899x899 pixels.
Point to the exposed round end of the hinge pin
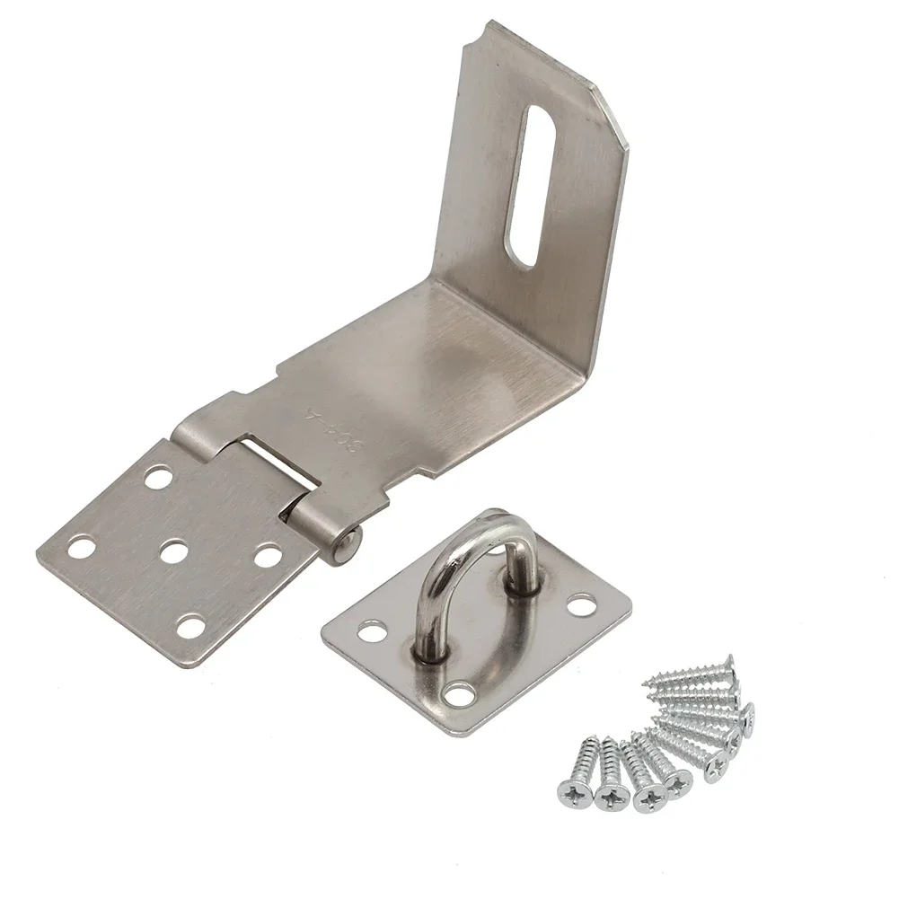coord(352,540)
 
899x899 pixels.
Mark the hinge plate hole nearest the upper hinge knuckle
coord(158,477)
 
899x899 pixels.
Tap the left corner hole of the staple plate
coord(368,632)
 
